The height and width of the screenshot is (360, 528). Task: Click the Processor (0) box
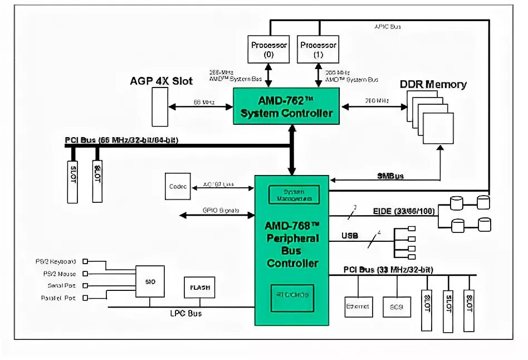coord(269,49)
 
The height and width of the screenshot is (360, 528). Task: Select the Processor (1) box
coord(319,49)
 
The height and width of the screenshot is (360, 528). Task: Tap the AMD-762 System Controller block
coord(286,106)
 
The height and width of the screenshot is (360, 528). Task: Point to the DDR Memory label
coord(433,85)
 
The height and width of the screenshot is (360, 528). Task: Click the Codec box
coord(178,187)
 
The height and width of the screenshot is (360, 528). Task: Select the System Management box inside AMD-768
coord(294,194)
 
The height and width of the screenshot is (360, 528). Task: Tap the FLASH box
coord(199,288)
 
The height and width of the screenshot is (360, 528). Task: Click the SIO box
coord(151,281)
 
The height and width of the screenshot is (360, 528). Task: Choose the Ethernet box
coord(359,306)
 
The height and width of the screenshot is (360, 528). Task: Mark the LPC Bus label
coord(186,314)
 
